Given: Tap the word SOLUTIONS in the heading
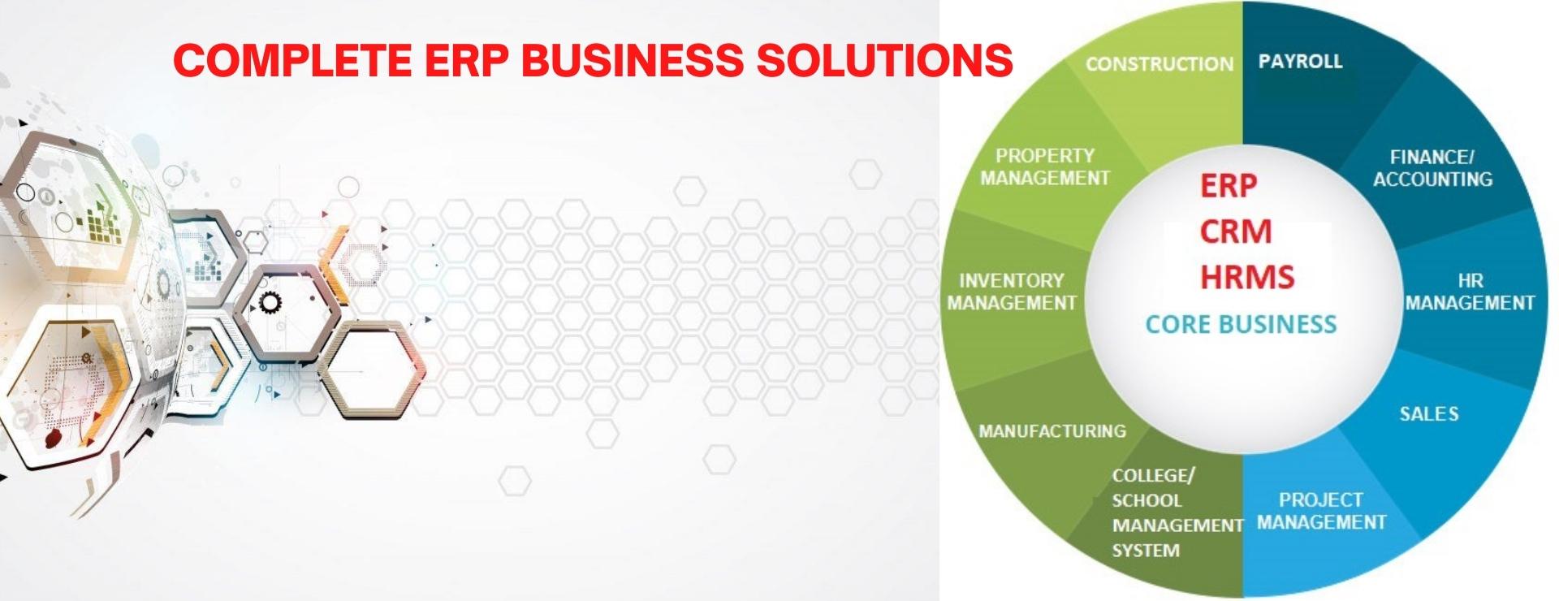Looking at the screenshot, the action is tap(884, 60).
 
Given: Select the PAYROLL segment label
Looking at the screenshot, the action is tap(1300, 62).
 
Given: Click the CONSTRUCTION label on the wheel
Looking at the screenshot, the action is tap(1159, 64).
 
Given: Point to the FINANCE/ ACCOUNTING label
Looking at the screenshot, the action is tap(1432, 168).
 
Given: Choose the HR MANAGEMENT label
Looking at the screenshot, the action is tap(1470, 292).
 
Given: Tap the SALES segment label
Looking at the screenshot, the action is tap(1428, 414).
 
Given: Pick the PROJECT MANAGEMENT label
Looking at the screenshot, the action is tap(1321, 511).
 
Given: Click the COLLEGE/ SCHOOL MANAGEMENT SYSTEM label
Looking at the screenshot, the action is tap(1177, 513).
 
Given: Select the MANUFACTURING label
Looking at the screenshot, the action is tap(1052, 431).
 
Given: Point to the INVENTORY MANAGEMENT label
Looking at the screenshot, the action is tap(1012, 292).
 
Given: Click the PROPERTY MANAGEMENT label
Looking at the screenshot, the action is tap(1045, 166).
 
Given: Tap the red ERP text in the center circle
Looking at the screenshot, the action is tap(1229, 186).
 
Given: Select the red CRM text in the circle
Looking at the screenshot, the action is tap(1236, 231).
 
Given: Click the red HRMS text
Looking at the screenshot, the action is tap(1247, 277).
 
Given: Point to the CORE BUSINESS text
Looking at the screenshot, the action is tap(1241, 325).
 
